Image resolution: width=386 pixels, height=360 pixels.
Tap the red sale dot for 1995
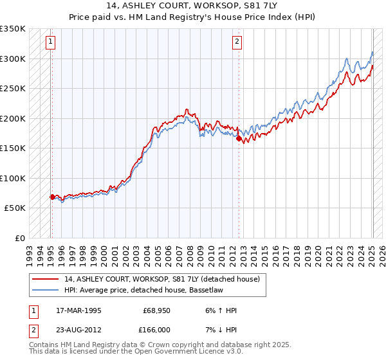tap(52, 197)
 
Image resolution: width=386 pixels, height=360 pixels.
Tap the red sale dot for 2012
tap(239, 138)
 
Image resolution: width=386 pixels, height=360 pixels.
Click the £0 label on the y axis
tap(19, 238)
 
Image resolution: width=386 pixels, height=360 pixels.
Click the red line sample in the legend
tap(44, 279)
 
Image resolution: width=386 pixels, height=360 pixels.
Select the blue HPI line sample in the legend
tap(44, 291)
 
